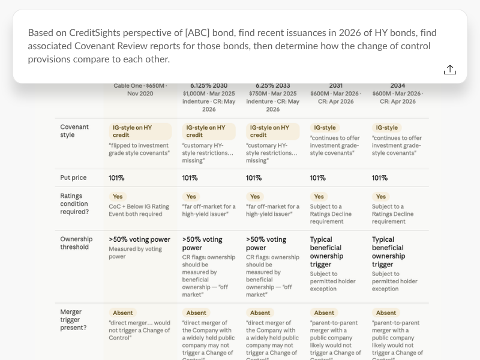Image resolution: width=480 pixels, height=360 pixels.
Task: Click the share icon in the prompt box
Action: click(449, 70)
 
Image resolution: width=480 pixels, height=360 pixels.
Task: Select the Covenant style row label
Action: click(74, 131)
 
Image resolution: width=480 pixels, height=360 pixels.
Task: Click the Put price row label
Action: click(73, 178)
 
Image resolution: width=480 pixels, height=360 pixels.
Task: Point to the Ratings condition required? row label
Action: click(74, 204)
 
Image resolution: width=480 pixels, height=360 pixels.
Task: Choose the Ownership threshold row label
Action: click(76, 243)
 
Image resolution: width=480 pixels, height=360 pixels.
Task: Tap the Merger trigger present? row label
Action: click(73, 320)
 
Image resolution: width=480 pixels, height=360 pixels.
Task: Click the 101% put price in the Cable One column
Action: click(116, 178)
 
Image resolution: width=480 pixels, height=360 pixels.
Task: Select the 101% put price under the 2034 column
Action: click(380, 178)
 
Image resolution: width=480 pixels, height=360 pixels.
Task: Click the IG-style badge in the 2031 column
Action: click(325, 128)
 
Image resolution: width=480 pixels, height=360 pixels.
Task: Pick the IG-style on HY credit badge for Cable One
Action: click(140, 131)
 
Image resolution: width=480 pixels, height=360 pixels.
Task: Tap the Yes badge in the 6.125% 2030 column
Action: click(191, 197)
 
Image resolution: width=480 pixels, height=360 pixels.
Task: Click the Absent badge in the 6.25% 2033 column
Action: click(260, 313)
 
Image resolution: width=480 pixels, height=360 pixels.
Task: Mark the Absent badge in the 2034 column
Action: click(386, 313)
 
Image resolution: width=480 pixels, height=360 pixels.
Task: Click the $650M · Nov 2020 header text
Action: click(140, 89)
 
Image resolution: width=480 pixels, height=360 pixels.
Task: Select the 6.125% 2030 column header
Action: click(209, 86)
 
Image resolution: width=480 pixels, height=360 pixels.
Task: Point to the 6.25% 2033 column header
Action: click(273, 86)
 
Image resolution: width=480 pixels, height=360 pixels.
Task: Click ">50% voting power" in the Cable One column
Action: click(139, 239)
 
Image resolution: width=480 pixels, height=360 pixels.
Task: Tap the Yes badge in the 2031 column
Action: click(319, 197)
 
